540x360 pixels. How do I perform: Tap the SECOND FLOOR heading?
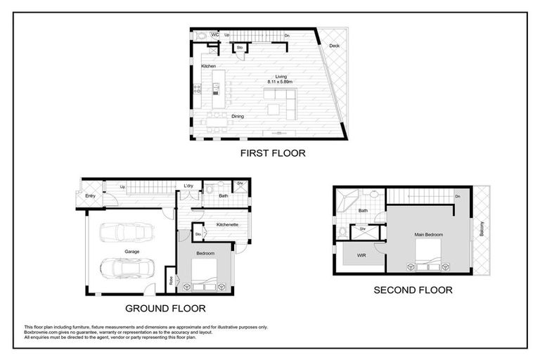pyautogui.click(x=413, y=290)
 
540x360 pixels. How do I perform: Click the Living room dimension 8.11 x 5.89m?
pyautogui.click(x=281, y=82)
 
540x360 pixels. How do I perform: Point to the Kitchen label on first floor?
pyautogui.click(x=208, y=66)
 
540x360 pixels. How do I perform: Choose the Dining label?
pyautogui.click(x=237, y=117)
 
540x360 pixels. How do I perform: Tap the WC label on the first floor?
pyautogui.click(x=215, y=34)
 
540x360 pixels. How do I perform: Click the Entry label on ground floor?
pyautogui.click(x=90, y=195)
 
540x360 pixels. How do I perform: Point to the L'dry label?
pyautogui.click(x=188, y=186)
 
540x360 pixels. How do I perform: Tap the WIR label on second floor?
pyautogui.click(x=362, y=255)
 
